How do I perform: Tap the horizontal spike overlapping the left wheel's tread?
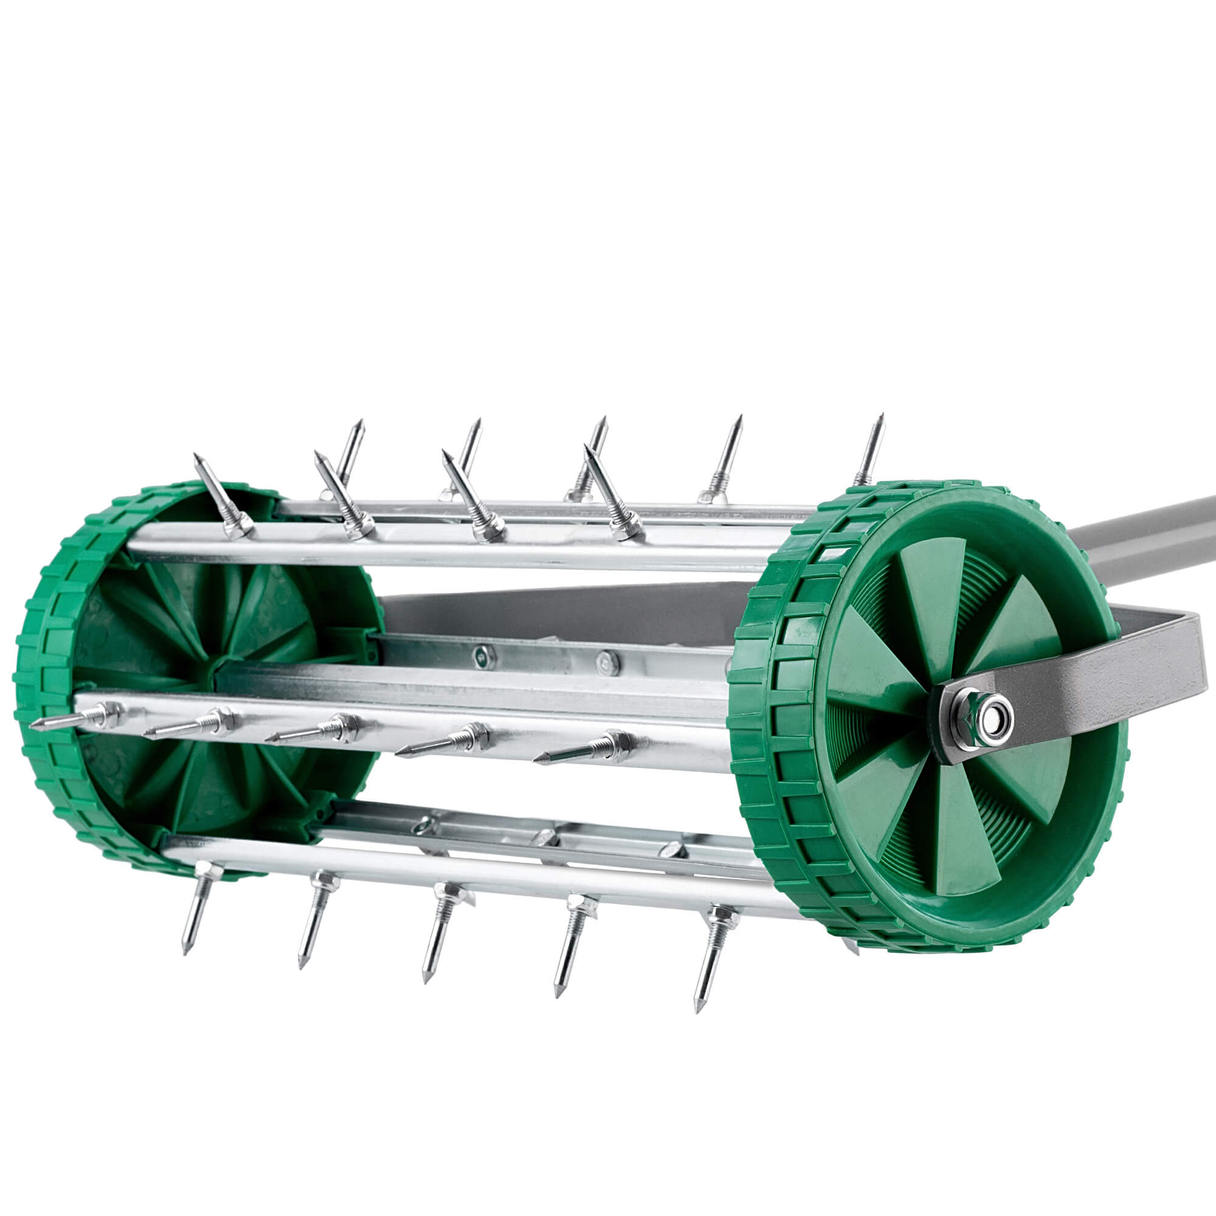tap(69, 720)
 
